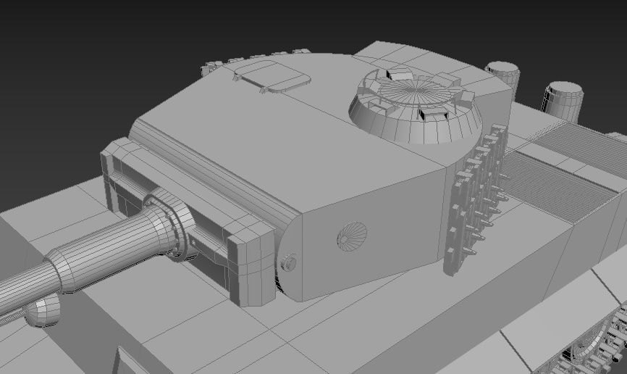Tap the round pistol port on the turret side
[352, 235]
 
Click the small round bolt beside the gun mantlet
[290, 262]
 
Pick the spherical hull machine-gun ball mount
[42, 311]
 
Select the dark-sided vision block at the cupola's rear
[398, 73]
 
